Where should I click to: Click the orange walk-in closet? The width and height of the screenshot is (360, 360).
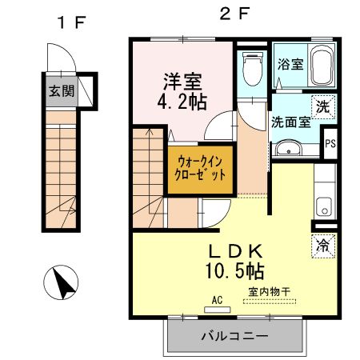pyautogui.click(x=200, y=168)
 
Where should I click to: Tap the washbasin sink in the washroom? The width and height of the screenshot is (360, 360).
pyautogui.click(x=286, y=150)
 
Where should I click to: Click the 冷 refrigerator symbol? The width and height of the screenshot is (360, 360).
pyautogui.click(x=322, y=246)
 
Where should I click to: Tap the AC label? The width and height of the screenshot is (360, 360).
pyautogui.click(x=217, y=301)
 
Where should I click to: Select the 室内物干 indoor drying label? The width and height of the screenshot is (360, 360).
pyautogui.click(x=272, y=293)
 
